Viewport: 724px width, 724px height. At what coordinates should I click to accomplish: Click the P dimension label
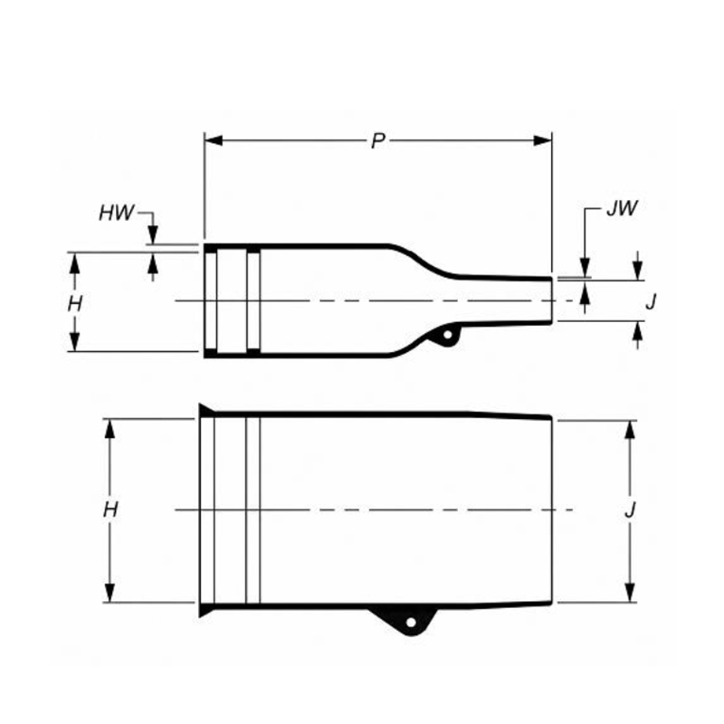click(378, 141)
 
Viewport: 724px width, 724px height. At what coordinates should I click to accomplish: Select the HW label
click(117, 214)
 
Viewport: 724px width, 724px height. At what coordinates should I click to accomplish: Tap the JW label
click(622, 209)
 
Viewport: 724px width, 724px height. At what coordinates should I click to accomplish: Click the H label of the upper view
click(75, 304)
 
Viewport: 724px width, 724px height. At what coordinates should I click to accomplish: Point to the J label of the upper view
click(651, 302)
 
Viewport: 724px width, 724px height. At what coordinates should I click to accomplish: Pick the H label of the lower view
click(110, 510)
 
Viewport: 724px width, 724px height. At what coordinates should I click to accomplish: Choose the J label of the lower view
click(630, 510)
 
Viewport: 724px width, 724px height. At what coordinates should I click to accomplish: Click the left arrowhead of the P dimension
click(214, 140)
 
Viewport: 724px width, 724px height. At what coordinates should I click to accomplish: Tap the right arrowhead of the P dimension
click(542, 140)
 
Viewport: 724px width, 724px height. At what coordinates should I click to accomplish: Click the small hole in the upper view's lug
click(447, 335)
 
